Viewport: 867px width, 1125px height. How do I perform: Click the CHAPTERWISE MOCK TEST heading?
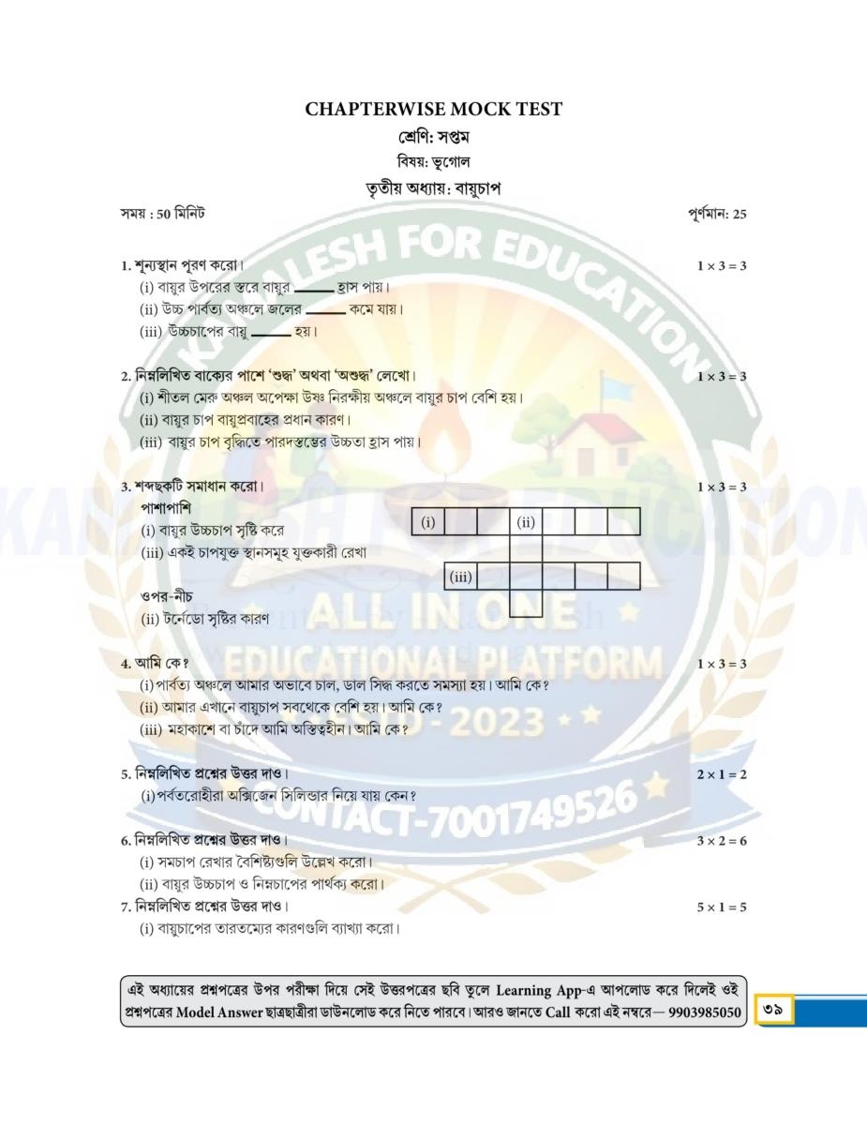[x=433, y=110]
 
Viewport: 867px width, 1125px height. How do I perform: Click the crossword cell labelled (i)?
[x=427, y=521]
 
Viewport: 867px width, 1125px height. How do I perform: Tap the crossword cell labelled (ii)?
[x=526, y=521]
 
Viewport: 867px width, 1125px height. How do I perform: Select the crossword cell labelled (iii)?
[x=460, y=576]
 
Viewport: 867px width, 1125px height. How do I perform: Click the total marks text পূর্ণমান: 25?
[x=716, y=214]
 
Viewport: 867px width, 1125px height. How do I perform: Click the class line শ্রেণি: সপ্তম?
[x=433, y=138]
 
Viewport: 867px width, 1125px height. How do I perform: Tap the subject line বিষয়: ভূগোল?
[x=433, y=162]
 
